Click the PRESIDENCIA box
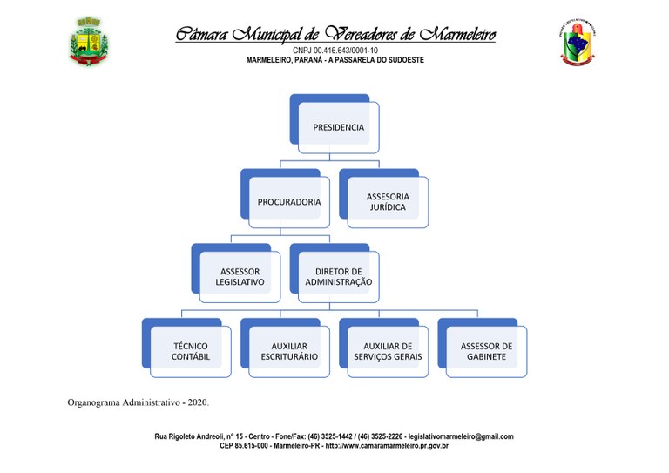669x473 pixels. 334,124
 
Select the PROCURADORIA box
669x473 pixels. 285,199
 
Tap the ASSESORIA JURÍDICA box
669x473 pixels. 384,199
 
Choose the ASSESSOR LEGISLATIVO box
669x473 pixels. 236,274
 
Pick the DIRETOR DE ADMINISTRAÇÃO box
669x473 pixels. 334,274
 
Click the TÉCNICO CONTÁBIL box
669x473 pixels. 186,348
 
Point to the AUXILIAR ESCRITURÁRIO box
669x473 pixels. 285,348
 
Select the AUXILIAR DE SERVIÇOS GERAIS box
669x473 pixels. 384,348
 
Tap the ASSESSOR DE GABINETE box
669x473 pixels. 483,348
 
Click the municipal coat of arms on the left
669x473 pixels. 89,41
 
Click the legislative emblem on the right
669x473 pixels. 578,43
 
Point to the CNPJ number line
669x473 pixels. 335,51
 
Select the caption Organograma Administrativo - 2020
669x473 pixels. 139,402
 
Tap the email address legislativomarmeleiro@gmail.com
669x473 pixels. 461,436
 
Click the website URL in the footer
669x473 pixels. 387,446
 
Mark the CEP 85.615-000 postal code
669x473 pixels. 244,446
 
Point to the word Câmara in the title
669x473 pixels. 202,34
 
